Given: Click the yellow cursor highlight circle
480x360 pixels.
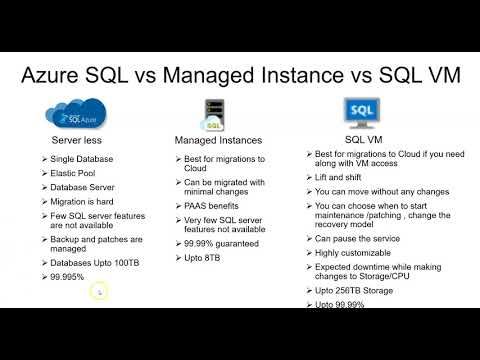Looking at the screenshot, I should (98, 292).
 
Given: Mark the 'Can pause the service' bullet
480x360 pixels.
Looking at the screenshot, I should (364, 238).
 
